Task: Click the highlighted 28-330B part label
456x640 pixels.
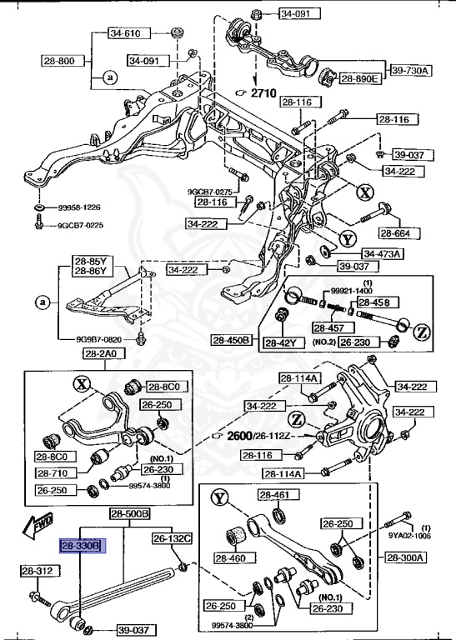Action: pos(80,546)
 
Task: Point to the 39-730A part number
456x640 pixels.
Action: pos(408,71)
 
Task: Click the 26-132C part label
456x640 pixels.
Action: pos(173,538)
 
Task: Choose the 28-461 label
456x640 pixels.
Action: pos(273,495)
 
